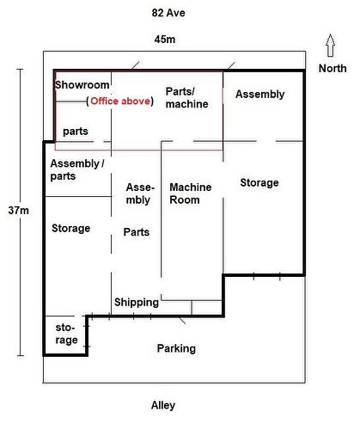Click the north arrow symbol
pyautogui.click(x=330, y=46)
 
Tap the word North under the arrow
pyautogui.click(x=333, y=69)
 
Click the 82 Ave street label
pyautogui.click(x=168, y=13)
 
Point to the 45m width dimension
pyautogui.click(x=165, y=40)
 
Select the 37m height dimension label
pyautogui.click(x=19, y=211)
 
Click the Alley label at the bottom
pyautogui.click(x=163, y=405)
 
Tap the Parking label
pyautogui.click(x=176, y=348)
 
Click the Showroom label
pyautogui.click(x=82, y=85)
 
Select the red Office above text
pyautogui.click(x=120, y=101)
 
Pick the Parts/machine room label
pyautogui.click(x=186, y=98)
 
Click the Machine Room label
pyautogui.click(x=191, y=193)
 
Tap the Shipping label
pyautogui.click(x=137, y=303)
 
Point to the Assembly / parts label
pyautogui.click(x=77, y=169)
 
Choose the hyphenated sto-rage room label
pyautogui.click(x=66, y=334)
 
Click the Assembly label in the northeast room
pyautogui.click(x=260, y=95)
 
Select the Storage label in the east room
pyautogui.click(x=259, y=182)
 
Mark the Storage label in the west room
pyautogui.click(x=71, y=229)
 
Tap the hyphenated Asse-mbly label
pyautogui.click(x=140, y=193)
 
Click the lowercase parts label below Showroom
pyautogui.click(x=76, y=132)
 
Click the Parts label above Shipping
pyautogui.click(x=137, y=232)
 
